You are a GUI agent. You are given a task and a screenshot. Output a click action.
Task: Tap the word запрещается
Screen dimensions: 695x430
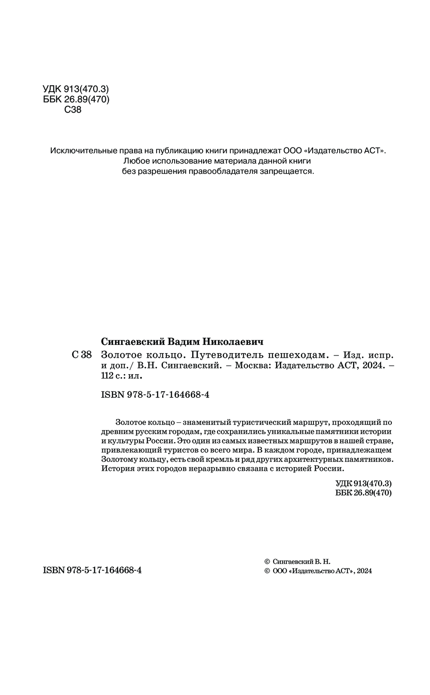pos(292,172)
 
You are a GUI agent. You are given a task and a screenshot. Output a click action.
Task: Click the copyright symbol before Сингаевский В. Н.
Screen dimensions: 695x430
pos(266,562)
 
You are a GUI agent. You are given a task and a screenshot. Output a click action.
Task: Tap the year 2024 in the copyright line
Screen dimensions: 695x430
pos(364,571)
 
